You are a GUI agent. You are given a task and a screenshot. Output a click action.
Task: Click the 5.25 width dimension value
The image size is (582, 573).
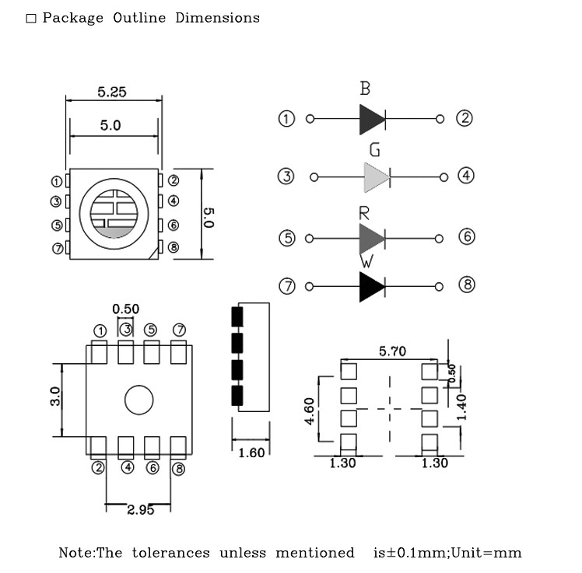point(112,92)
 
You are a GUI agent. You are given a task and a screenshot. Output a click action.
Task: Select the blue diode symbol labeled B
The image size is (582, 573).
point(372,119)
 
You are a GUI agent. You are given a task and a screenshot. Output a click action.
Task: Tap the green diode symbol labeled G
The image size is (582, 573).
point(376,177)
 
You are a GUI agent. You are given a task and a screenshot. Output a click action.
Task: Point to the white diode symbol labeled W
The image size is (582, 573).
point(371,287)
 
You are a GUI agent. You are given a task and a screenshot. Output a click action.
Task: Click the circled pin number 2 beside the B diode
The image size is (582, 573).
point(465,118)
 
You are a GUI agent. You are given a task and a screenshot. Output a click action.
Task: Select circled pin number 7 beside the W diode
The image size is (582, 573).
point(287,286)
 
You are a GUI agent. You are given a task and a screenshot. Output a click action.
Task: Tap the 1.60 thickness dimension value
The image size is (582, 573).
point(251,452)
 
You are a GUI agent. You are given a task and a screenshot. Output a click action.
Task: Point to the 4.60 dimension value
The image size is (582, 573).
point(310,411)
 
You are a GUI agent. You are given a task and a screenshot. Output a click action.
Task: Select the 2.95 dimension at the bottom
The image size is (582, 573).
point(140,509)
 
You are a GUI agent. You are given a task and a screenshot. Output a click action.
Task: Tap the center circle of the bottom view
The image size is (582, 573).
point(138,400)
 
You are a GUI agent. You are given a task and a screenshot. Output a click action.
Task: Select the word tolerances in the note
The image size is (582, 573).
point(170,553)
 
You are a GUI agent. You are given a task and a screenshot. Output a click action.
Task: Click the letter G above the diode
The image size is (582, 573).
point(375,149)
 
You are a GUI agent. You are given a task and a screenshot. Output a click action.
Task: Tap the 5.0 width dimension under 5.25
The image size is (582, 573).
point(110,124)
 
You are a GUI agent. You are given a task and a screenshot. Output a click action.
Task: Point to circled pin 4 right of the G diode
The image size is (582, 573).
point(465,176)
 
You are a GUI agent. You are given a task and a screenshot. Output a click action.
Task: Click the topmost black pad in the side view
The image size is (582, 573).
point(237,316)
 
